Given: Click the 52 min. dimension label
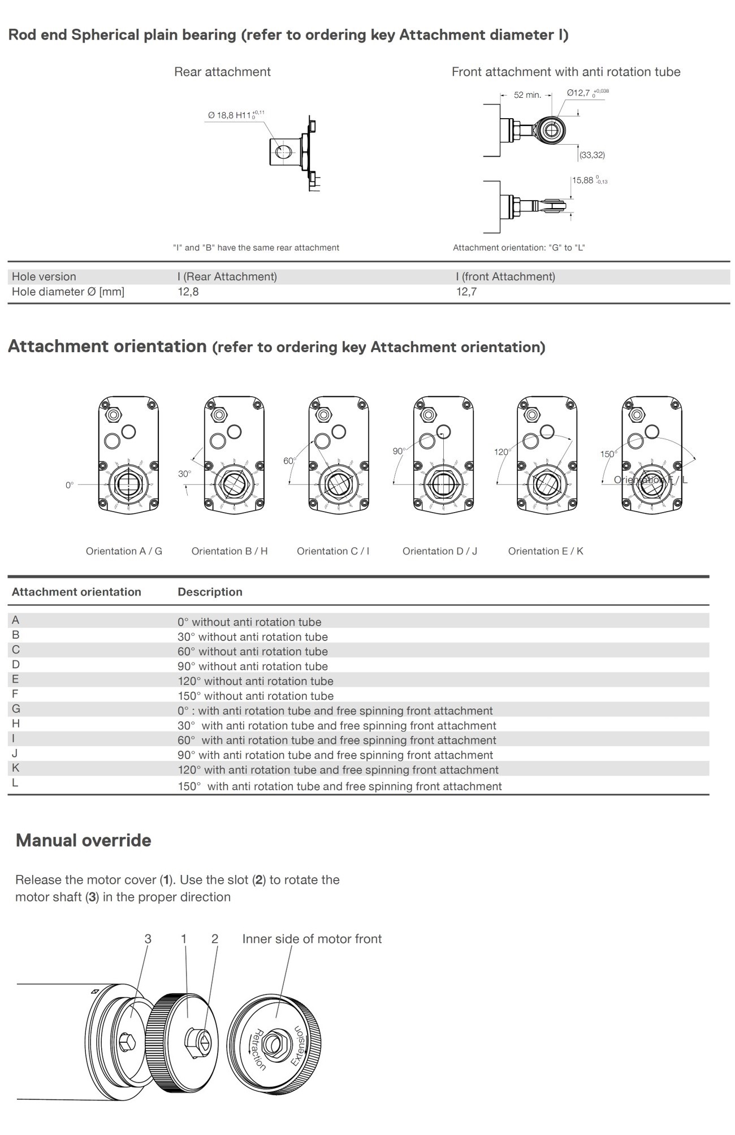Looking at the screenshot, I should pos(527,95).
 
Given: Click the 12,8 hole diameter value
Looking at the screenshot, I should pos(188,292).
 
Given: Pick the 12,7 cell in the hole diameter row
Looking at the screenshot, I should pos(466,292).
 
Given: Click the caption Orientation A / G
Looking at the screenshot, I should pos(124,551).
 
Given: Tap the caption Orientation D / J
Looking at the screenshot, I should pos(440,551).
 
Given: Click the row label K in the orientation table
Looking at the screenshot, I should pos(16,768).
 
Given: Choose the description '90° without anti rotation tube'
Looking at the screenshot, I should pos(253,666).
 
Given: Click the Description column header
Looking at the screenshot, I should pos(210,592).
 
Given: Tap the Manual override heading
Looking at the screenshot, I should pos(84,841).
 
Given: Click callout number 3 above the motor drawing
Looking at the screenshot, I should pos(148,939).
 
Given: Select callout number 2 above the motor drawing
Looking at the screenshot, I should pos(215,939).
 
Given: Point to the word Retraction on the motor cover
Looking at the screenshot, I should pos(259,1049).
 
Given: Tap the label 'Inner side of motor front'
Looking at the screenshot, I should pos(312,939).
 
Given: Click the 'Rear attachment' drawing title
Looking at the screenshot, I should pos(222,72).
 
